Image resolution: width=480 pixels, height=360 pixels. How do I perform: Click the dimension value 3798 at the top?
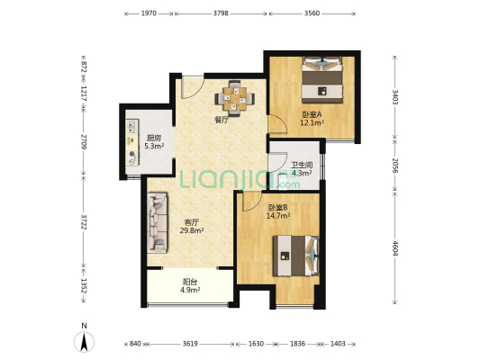click(x=221, y=13)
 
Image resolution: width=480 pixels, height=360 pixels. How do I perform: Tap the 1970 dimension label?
click(x=149, y=13)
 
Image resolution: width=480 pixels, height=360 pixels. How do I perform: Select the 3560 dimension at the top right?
click(x=312, y=13)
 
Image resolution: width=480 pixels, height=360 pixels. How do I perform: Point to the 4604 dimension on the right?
click(x=395, y=248)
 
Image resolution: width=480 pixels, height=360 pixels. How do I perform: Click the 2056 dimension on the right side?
click(x=395, y=166)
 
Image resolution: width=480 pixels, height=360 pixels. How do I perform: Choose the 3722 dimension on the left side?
click(x=83, y=221)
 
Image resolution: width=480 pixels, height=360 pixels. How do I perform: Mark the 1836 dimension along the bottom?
click(x=297, y=344)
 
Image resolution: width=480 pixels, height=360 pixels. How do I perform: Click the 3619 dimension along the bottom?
click(x=190, y=344)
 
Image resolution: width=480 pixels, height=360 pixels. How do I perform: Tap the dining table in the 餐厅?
click(x=234, y=98)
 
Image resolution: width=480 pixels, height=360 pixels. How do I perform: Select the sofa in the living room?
click(x=158, y=222)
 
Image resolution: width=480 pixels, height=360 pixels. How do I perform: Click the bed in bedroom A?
click(x=322, y=80)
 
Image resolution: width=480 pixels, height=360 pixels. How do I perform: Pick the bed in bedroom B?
click(x=296, y=256)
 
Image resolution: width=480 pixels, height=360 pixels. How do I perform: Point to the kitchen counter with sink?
click(x=132, y=142)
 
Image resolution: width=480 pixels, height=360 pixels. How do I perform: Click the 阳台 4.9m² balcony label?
click(x=190, y=285)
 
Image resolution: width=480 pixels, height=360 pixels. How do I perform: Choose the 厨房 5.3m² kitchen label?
click(x=154, y=142)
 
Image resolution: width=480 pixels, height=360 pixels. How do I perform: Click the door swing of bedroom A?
click(x=277, y=124)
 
